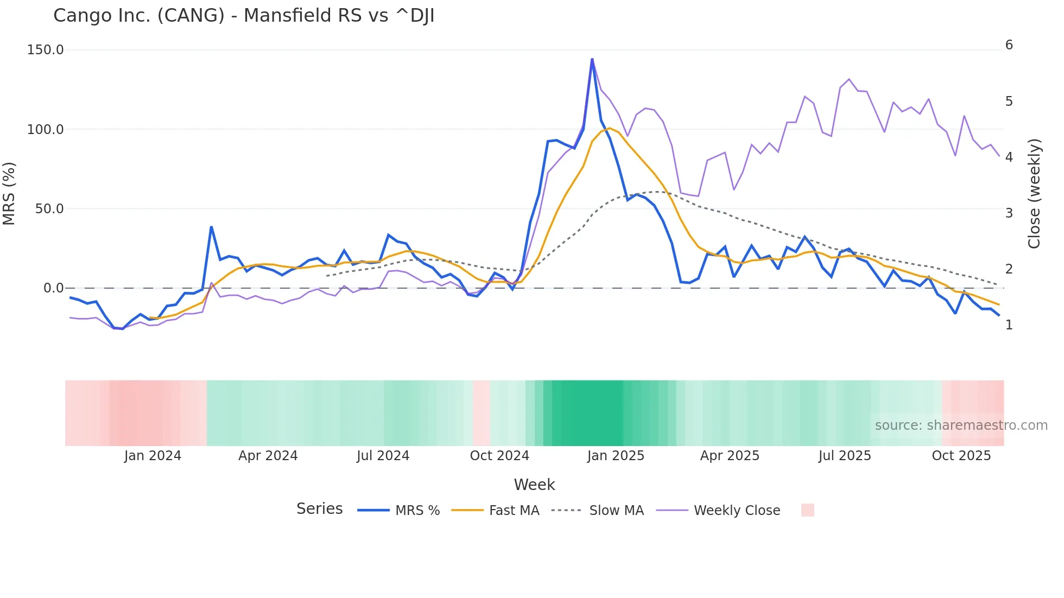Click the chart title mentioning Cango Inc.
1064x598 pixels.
244,16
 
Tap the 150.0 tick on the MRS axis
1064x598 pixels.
46,50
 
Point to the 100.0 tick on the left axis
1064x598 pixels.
46,130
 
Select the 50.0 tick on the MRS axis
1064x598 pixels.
49,209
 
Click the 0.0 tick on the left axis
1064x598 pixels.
53,288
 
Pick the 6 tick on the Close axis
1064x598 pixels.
1009,45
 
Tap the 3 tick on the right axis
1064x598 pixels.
1009,213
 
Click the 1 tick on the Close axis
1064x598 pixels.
1009,325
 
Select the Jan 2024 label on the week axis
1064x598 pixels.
153,456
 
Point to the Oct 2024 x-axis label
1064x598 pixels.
499,456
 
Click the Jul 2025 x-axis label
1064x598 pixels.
845,456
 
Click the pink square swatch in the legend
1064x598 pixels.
807,510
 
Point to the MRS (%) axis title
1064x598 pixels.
9,193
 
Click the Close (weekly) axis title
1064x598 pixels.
1034,193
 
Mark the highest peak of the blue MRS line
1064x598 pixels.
592,59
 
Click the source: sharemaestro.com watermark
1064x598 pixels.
961,425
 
